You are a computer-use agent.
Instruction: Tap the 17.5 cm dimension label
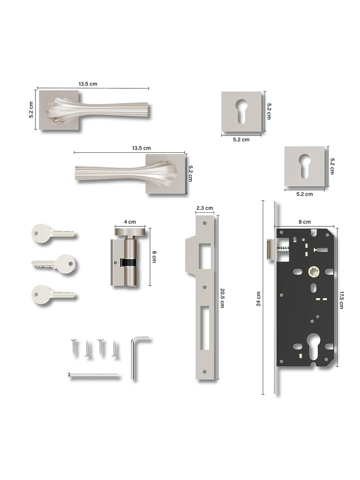341,300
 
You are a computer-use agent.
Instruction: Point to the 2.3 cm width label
204,208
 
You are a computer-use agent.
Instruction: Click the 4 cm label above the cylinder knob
130,222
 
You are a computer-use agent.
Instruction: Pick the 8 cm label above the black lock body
304,222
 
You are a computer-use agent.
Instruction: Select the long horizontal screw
93,375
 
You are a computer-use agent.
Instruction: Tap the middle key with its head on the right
55,264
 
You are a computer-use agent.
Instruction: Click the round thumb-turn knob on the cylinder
130,232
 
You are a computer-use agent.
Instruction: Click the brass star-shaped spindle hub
313,271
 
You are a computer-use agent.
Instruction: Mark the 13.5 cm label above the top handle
88,84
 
